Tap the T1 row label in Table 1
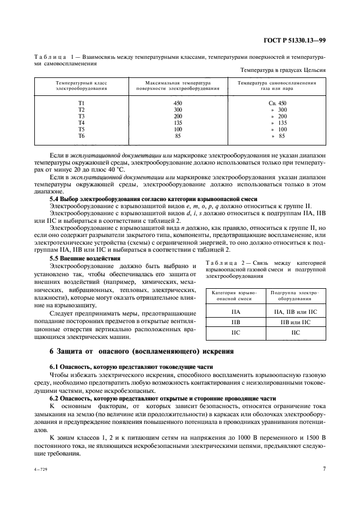[82, 103]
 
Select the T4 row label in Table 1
[82, 123]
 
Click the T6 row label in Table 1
[82, 136]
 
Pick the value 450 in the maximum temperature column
[178, 103]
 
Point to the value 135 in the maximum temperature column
[178, 123]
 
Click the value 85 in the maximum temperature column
[178, 136]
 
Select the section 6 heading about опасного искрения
[142, 351]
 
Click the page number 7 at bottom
[324, 468]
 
